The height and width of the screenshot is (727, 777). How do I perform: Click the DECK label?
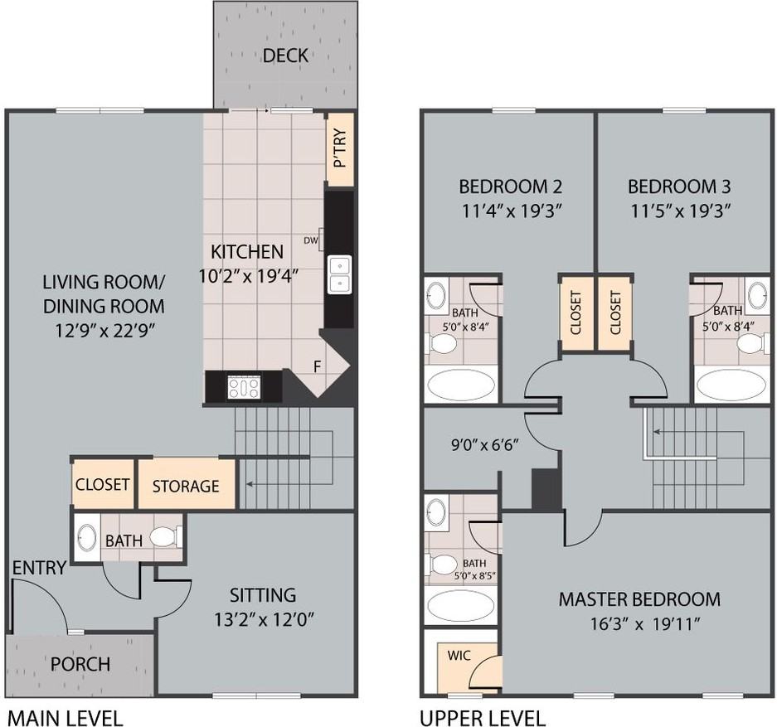pos(285,56)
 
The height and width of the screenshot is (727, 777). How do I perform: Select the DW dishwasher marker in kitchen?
pos(311,241)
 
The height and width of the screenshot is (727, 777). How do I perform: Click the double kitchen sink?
pos(339,274)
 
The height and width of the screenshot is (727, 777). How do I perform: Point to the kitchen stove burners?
pos(244,387)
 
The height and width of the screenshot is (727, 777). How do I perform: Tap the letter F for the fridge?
pos(316,366)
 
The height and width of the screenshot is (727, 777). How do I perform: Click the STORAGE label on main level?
pos(186,486)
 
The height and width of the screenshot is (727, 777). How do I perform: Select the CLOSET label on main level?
pos(103,483)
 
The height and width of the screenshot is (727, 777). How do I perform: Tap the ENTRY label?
pos(39,568)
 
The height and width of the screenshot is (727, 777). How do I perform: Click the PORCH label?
pos(80,664)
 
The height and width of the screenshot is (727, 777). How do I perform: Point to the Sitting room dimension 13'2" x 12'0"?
pos(263,618)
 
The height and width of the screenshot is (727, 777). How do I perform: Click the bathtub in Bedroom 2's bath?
pos(460,385)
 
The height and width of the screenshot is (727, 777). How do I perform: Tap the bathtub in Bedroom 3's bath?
pos(731,385)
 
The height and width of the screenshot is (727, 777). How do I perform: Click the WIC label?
pos(459,655)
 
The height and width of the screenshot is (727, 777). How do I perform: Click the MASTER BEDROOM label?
pos(639,599)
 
